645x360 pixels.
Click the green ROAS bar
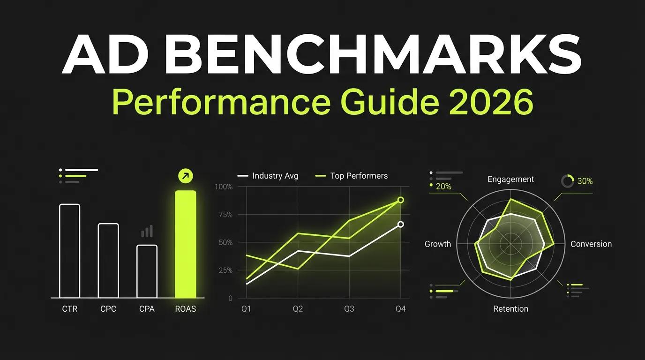[x=186, y=244]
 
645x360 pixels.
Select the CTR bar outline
[x=70, y=250]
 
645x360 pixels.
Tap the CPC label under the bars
[x=108, y=309]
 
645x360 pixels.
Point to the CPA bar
[x=147, y=271]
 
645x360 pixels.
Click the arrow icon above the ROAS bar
[x=186, y=176]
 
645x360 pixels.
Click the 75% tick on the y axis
[x=224, y=215]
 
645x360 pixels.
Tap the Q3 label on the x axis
[x=349, y=309]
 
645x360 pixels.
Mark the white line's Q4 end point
[x=401, y=225]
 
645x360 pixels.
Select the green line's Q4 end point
[x=401, y=200]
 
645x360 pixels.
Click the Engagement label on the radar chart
[x=510, y=180]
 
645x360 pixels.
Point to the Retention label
[x=510, y=309]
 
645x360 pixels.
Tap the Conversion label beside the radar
[x=591, y=244]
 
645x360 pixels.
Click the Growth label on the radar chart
[x=438, y=244]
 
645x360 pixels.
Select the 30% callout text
[x=585, y=181]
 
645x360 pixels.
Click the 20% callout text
[x=443, y=187]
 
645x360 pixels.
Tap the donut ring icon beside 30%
[x=568, y=181]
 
